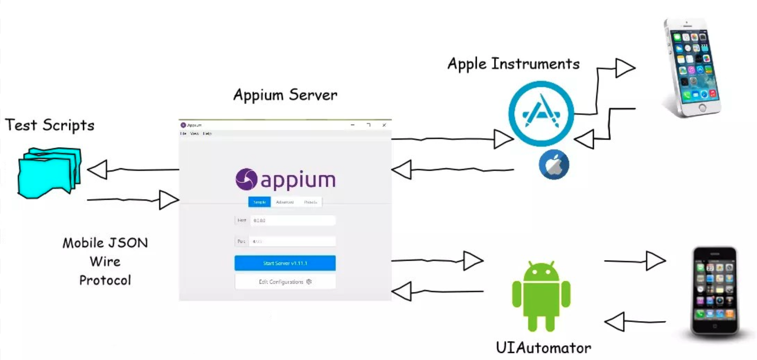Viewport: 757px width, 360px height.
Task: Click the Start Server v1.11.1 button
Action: pos(285,263)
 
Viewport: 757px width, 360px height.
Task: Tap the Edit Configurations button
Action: pos(285,282)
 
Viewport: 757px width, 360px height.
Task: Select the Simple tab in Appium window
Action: pos(259,202)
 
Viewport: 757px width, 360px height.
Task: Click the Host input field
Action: pos(292,220)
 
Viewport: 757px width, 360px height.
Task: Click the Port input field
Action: pos(292,241)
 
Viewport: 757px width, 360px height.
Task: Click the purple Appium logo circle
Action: pos(247,179)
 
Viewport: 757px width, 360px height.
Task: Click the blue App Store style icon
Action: pos(541,113)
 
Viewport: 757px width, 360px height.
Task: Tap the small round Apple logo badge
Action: pos(554,165)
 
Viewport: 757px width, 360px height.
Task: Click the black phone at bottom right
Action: pos(715,291)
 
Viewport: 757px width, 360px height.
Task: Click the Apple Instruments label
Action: pos(513,64)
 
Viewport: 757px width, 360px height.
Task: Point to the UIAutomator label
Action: pos(543,348)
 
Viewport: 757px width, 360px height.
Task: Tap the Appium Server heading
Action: pos(285,95)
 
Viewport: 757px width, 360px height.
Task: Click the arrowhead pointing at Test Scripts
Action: pos(97,170)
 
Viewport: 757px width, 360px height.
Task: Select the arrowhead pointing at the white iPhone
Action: pos(625,68)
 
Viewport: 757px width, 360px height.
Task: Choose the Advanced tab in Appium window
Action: pos(285,202)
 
